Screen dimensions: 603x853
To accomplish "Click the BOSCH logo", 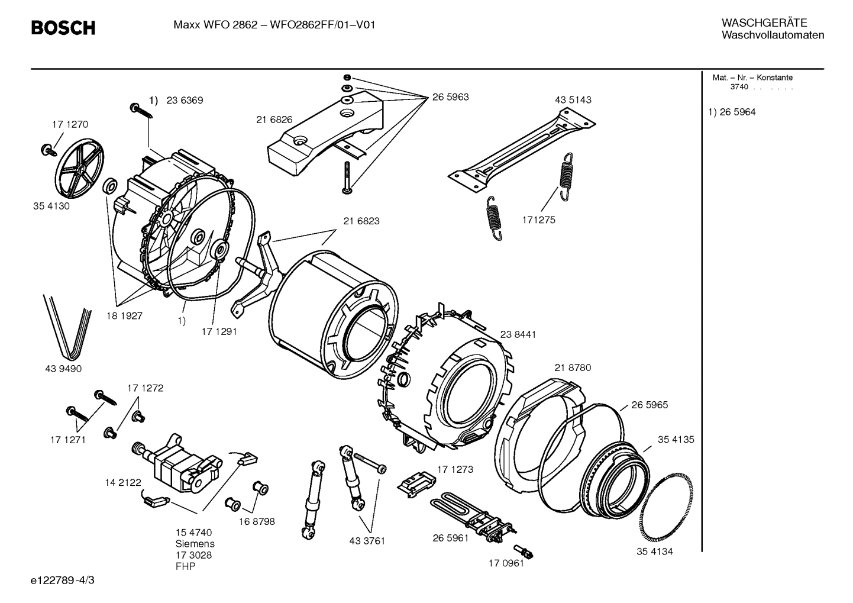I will pyautogui.click(x=63, y=27).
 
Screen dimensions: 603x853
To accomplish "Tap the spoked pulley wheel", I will pyautogui.click(x=79, y=170).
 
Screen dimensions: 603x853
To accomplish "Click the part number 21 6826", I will pyautogui.click(x=274, y=120).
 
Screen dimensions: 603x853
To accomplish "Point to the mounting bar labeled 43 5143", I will pyautogui.click(x=521, y=148).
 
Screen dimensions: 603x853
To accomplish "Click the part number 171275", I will pyautogui.click(x=538, y=220).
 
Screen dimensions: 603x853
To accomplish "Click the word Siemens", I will pyautogui.click(x=195, y=544).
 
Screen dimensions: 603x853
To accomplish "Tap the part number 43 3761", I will pyautogui.click(x=367, y=541).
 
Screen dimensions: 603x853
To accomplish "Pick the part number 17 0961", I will pyautogui.click(x=506, y=563).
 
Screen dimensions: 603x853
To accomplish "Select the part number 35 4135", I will pyautogui.click(x=676, y=440).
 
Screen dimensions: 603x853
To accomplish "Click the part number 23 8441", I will pyautogui.click(x=518, y=334).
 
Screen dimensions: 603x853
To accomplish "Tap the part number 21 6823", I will pyautogui.click(x=361, y=221).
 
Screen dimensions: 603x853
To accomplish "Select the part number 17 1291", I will pyautogui.click(x=219, y=331).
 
